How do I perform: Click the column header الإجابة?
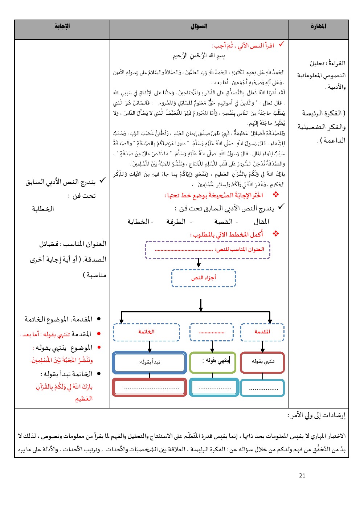pos(62,26)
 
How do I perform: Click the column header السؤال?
pos(199,26)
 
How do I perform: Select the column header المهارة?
pos(318,26)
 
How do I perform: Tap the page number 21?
pos(302,476)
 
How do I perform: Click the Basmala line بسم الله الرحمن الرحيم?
pos(199,56)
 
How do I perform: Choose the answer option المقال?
pos(261,221)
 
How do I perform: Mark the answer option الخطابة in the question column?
pos(140,221)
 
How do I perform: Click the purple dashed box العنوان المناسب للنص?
pos(208,250)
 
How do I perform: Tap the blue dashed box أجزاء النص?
pos(204,278)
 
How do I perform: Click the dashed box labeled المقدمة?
pos(262,332)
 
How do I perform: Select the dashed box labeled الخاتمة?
pos(146,332)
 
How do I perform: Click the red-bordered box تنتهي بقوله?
pos(262,362)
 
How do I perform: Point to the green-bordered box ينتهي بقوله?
pos(213,362)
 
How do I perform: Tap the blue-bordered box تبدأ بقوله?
pos(150,362)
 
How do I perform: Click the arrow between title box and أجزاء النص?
pos(199,263)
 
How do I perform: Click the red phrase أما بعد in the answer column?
pos(31,334)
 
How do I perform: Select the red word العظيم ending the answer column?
pos(84,399)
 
